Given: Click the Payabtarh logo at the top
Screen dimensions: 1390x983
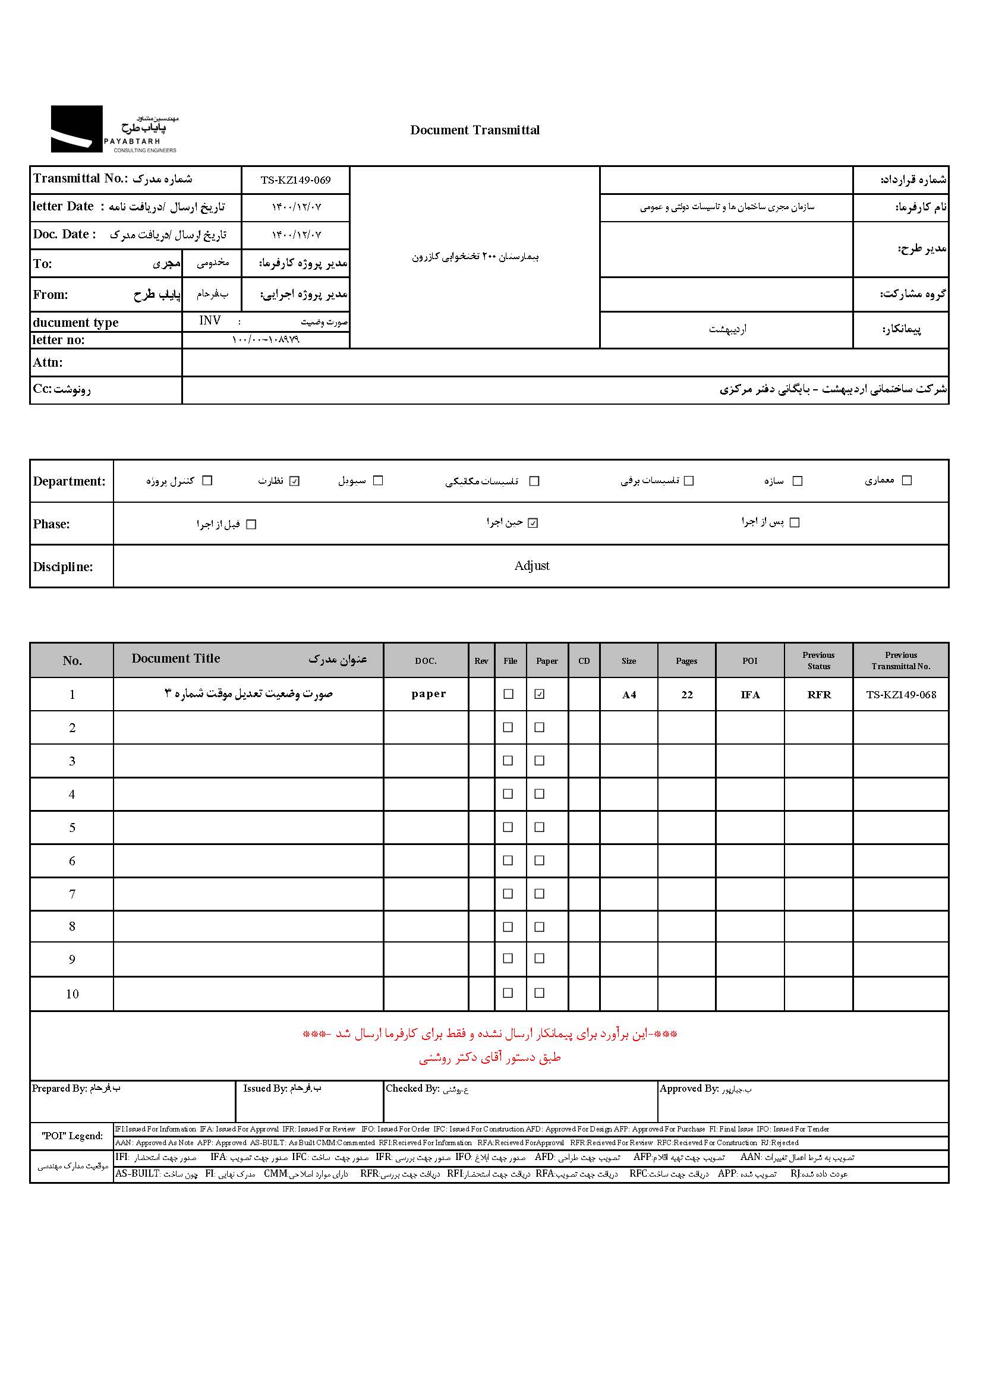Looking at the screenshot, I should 114,129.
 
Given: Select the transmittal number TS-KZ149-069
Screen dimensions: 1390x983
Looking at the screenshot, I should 295,181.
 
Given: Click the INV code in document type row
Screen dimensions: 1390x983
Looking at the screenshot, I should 210,321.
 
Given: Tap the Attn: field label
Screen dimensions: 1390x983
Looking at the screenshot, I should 48,363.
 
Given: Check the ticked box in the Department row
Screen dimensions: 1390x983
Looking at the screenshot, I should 295,481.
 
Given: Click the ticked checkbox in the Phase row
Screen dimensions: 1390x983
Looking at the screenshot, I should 533,523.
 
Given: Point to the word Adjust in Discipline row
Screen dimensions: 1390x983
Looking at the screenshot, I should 531,566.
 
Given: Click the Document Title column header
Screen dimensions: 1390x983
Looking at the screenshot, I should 175,658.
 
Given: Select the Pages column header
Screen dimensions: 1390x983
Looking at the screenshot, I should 686,661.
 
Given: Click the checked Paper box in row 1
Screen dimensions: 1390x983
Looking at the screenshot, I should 539,694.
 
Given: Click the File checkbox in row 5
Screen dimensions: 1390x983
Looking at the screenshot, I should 508,827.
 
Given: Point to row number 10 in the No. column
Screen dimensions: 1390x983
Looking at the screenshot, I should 72,994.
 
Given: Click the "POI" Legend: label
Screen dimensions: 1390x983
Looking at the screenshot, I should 72,1136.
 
